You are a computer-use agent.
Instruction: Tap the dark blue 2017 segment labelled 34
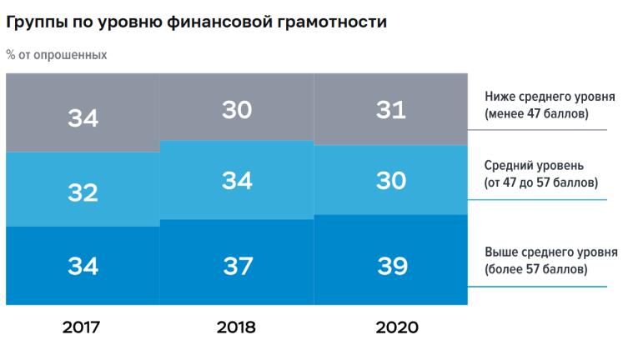[83, 265]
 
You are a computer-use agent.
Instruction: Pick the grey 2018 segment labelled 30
[236, 108]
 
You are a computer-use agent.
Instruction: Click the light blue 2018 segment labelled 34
[236, 180]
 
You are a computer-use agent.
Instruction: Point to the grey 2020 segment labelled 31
[391, 109]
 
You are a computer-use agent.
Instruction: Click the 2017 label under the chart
[82, 327]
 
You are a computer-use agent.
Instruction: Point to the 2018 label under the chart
[236, 327]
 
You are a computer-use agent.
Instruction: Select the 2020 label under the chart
[391, 327]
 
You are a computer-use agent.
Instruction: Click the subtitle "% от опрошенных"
[56, 55]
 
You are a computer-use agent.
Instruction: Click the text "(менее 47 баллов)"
[536, 114]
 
